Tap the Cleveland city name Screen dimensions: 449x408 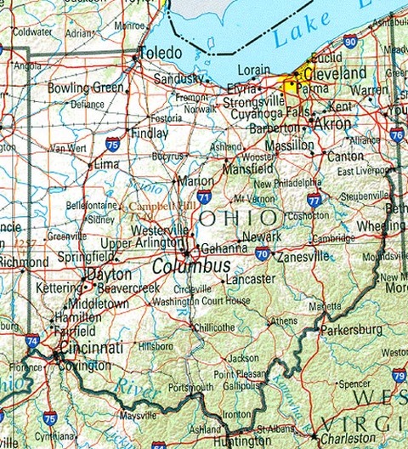pyautogui.click(x=337, y=74)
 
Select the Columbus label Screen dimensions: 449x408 pyautogui.click(x=191, y=267)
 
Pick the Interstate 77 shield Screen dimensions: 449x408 pyautogui.click(x=314, y=201)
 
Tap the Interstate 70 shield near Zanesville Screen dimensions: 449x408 pyautogui.click(x=263, y=253)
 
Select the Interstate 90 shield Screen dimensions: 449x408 pyautogui.click(x=350, y=40)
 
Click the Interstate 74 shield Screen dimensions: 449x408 pyautogui.click(x=31, y=341)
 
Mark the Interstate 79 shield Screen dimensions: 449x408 pyautogui.click(x=399, y=374)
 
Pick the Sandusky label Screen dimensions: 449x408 pyautogui.click(x=178, y=79)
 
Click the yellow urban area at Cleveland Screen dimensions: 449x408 pyautogui.click(x=293, y=83)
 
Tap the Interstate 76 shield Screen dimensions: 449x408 pyautogui.click(x=396, y=134)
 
